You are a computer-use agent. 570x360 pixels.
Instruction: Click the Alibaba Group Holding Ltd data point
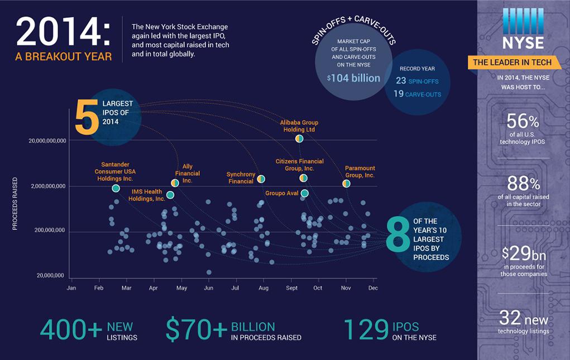(x=299, y=138)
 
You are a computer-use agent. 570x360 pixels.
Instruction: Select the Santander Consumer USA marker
(x=116, y=189)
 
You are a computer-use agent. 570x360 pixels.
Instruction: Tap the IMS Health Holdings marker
(x=170, y=195)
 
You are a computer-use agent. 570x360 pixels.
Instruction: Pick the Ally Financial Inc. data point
(x=175, y=183)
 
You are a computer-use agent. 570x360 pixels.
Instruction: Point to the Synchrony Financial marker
(x=261, y=179)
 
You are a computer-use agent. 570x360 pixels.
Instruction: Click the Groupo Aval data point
(x=304, y=193)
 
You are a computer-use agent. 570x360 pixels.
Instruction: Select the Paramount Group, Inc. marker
(x=346, y=183)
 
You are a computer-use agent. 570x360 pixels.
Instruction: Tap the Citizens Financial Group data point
(x=303, y=178)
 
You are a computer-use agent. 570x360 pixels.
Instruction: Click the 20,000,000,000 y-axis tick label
(x=47, y=141)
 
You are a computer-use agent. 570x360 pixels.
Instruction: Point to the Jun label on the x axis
(x=208, y=288)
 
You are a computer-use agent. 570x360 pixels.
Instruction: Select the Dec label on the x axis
(x=373, y=288)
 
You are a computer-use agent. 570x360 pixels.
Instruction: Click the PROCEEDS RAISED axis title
(x=15, y=204)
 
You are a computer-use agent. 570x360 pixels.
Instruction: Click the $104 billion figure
(x=353, y=78)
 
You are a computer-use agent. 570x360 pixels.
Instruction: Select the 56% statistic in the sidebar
(x=523, y=122)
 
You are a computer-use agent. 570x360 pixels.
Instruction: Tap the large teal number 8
(x=398, y=236)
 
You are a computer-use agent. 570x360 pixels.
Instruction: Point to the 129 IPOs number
(x=366, y=329)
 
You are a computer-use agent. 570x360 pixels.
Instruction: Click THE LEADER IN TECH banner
(x=512, y=63)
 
